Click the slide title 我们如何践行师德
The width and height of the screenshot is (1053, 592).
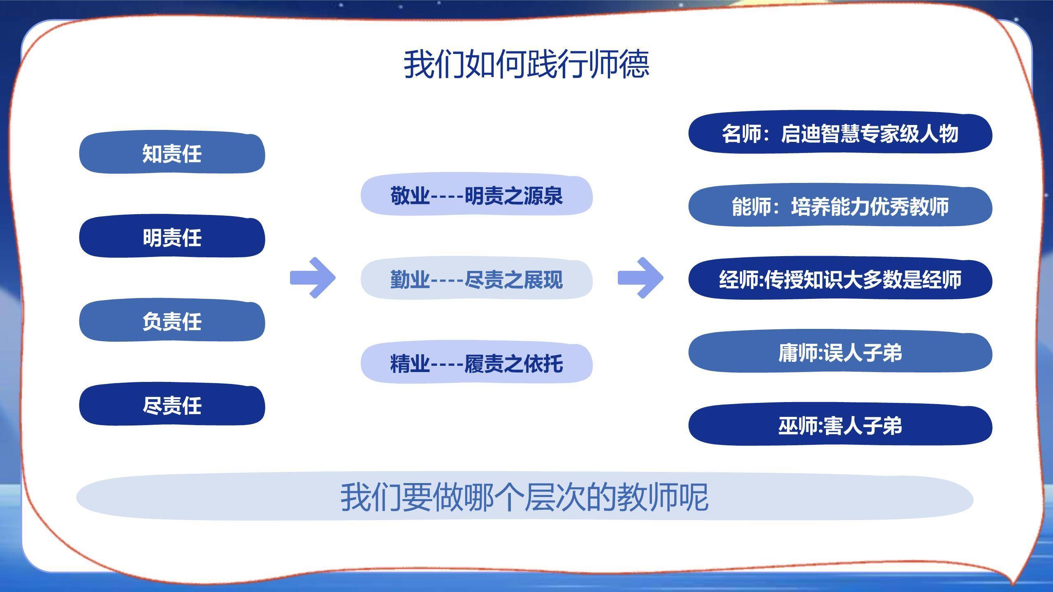(x=526, y=64)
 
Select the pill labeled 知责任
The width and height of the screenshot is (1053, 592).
(x=172, y=153)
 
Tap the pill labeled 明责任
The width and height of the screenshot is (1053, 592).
(x=172, y=238)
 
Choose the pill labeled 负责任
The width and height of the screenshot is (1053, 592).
(x=172, y=321)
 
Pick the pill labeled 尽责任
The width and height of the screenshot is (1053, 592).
(x=172, y=405)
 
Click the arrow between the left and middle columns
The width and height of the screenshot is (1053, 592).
(x=313, y=278)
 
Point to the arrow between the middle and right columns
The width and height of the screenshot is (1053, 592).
(x=641, y=278)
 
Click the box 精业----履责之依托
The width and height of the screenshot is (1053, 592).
(x=476, y=363)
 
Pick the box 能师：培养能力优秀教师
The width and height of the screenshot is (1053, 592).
(x=840, y=206)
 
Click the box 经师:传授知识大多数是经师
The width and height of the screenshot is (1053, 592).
(x=840, y=280)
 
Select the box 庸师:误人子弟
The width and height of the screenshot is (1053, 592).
(x=840, y=353)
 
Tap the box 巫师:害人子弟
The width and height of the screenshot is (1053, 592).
(x=840, y=425)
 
